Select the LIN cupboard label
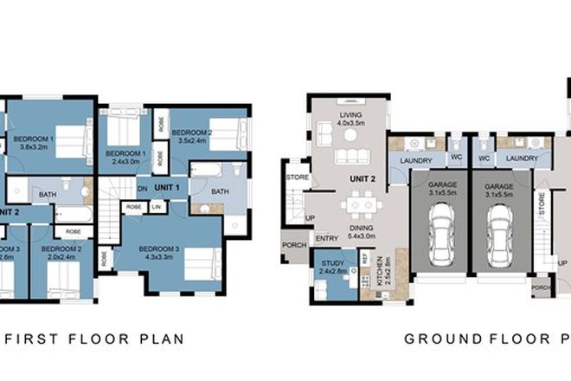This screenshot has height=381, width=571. (157, 208)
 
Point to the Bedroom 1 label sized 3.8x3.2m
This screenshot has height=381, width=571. (37, 143)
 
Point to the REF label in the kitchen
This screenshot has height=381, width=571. (365, 257)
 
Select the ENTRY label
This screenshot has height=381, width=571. (327, 238)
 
